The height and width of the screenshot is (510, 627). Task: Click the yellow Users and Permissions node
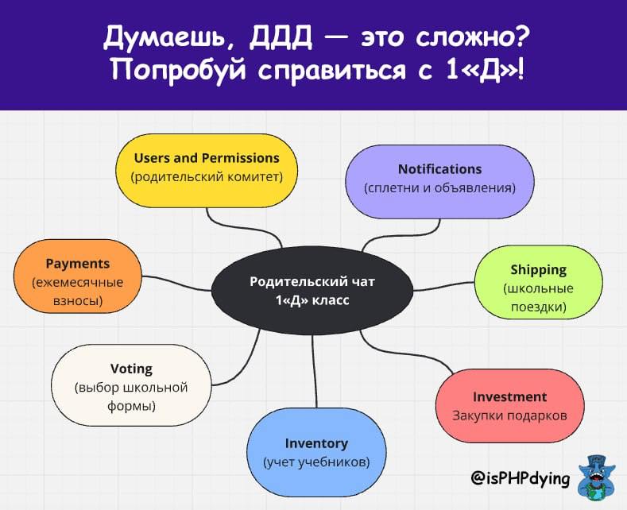click(207, 171)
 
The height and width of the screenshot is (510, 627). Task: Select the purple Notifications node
click(440, 181)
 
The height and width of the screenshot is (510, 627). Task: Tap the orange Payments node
click(78, 276)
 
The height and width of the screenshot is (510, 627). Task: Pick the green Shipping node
click(539, 282)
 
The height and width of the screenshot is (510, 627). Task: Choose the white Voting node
click(131, 385)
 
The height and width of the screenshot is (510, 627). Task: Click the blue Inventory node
click(316, 452)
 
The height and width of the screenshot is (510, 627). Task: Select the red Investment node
click(510, 406)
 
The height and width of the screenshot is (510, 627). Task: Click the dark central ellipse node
click(312, 291)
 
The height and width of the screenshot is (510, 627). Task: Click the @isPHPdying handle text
click(521, 478)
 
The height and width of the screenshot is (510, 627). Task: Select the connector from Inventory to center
click(315, 371)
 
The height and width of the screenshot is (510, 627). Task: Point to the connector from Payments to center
click(176, 282)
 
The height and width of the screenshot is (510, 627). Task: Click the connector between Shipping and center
click(444, 287)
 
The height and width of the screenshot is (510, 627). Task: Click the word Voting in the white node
click(131, 368)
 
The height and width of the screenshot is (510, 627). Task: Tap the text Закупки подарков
click(510, 415)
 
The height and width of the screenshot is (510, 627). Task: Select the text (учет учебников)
click(316, 462)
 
